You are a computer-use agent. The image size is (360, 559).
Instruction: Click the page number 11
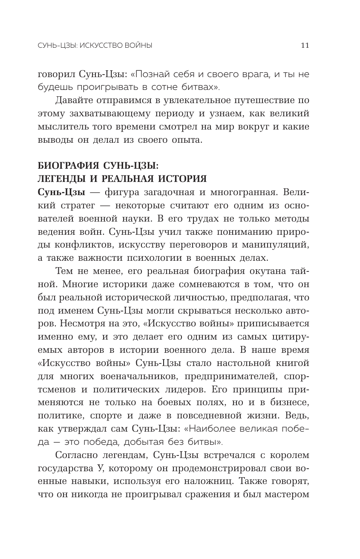(x=305, y=46)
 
